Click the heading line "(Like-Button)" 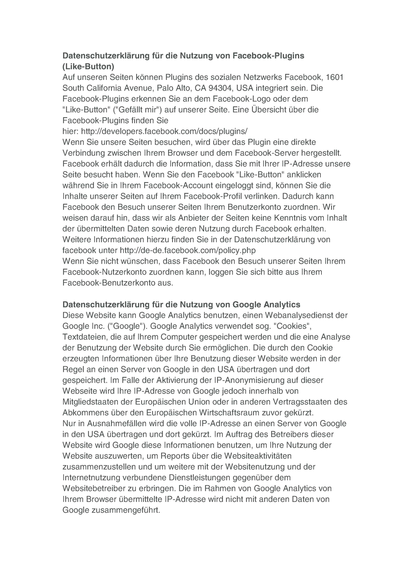[88, 66]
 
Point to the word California [104, 88]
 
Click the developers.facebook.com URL [164, 131]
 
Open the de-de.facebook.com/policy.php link [188, 250]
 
